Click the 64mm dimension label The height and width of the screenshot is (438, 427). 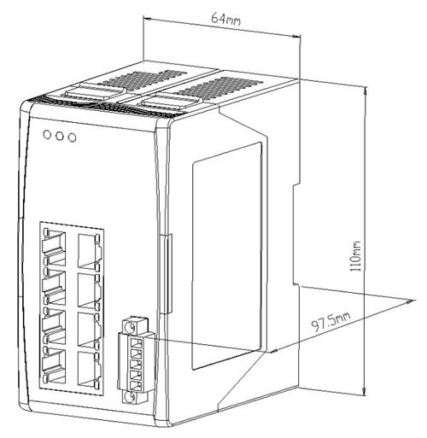[225, 19]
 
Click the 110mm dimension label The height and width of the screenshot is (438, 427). [356, 256]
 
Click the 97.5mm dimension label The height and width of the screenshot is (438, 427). [330, 322]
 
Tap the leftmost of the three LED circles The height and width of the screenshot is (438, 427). [47, 134]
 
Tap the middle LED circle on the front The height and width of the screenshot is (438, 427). [60, 136]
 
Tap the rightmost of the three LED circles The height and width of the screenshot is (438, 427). [73, 137]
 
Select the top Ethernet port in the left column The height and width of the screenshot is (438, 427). [54, 247]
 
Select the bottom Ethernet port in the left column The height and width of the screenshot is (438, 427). [54, 365]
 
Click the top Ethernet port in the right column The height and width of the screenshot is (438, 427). [89, 251]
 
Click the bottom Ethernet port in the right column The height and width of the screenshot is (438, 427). [89, 369]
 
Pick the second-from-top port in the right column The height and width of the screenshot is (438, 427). [89, 291]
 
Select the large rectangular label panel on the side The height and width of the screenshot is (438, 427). [227, 256]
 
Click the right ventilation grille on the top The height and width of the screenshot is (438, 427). [219, 86]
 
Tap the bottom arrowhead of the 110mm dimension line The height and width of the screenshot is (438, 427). [365, 393]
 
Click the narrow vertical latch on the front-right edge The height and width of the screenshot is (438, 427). [167, 273]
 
